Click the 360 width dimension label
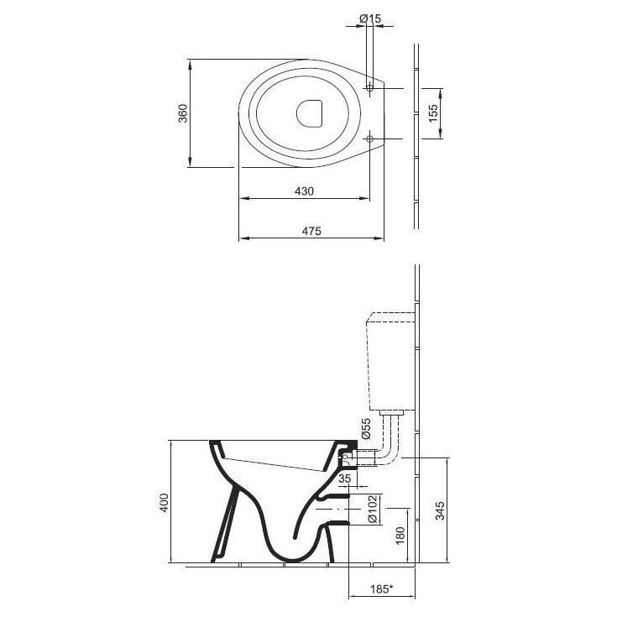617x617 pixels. (182, 113)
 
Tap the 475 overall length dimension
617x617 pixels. (311, 231)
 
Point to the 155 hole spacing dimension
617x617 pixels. (433, 113)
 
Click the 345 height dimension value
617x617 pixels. (440, 510)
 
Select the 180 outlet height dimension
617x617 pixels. (400, 534)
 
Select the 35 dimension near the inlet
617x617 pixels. (344, 478)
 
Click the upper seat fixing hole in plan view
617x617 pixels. (371, 89)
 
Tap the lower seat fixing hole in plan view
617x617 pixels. (371, 139)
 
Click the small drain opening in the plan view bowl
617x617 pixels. (311, 113)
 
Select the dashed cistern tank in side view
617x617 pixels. (390, 361)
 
